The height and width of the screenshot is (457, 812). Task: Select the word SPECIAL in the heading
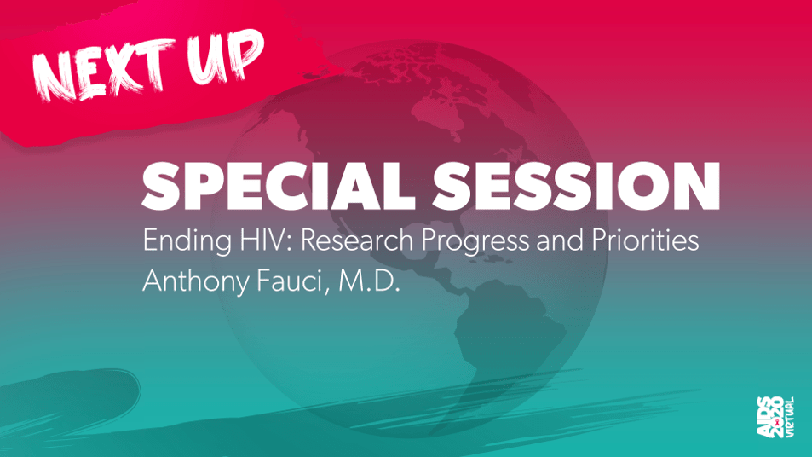click(x=278, y=186)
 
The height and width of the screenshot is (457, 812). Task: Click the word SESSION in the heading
click(x=576, y=186)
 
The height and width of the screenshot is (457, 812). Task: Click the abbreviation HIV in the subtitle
click(x=265, y=240)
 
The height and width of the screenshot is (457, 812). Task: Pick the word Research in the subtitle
click(x=357, y=240)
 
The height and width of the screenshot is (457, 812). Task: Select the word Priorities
click(x=645, y=240)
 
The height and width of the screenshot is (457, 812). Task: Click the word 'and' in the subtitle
click(x=560, y=240)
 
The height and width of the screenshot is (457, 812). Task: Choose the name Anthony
click(x=196, y=282)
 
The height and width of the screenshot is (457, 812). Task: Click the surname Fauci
click(x=292, y=281)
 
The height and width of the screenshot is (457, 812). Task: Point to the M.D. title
click(x=369, y=281)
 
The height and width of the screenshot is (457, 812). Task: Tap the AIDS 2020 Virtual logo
click(x=775, y=417)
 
